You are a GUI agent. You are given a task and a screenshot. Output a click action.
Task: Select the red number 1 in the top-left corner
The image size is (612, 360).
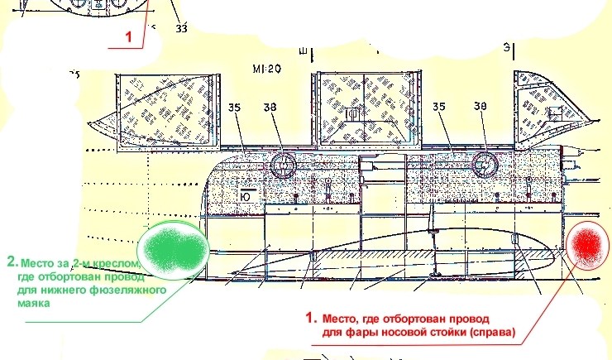pos(128,36)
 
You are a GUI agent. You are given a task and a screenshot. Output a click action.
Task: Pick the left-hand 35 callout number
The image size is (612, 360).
pos(237,106)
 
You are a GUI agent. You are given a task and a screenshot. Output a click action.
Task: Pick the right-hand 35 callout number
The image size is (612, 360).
pos(439,106)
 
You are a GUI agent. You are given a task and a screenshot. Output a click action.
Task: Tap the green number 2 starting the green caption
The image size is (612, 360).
pos(12,261)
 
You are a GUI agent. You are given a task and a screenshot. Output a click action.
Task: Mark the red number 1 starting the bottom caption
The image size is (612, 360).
pos(311,317)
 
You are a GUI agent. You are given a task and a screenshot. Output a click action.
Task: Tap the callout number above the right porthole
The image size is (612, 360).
pos(481,106)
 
